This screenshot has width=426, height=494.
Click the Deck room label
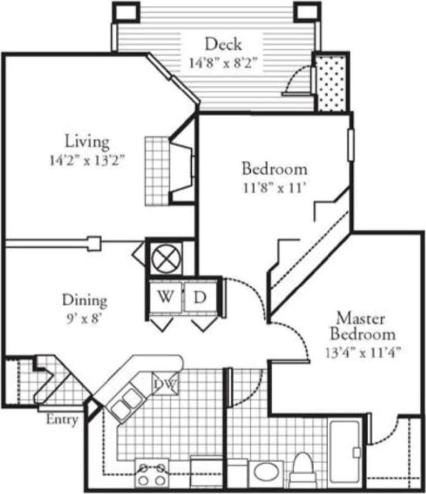pyautogui.click(x=223, y=44)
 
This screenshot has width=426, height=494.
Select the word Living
pyautogui.click(x=88, y=141)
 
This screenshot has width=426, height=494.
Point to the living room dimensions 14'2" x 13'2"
pyautogui.click(x=88, y=162)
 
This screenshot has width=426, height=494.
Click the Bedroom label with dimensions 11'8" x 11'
pyautogui.click(x=274, y=168)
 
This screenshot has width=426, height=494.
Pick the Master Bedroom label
pyautogui.click(x=362, y=326)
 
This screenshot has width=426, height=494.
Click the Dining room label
pyautogui.click(x=85, y=300)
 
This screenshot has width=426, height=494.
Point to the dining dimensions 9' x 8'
pyautogui.click(x=85, y=320)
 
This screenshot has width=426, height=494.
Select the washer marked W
pyautogui.click(x=165, y=297)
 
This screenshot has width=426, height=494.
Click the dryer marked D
pyautogui.click(x=200, y=297)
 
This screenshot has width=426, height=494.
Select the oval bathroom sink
pyautogui.click(x=266, y=473)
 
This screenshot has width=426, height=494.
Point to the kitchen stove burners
pyautogui.click(x=152, y=473)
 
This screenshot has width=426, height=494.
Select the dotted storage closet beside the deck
pyautogui.click(x=331, y=83)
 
